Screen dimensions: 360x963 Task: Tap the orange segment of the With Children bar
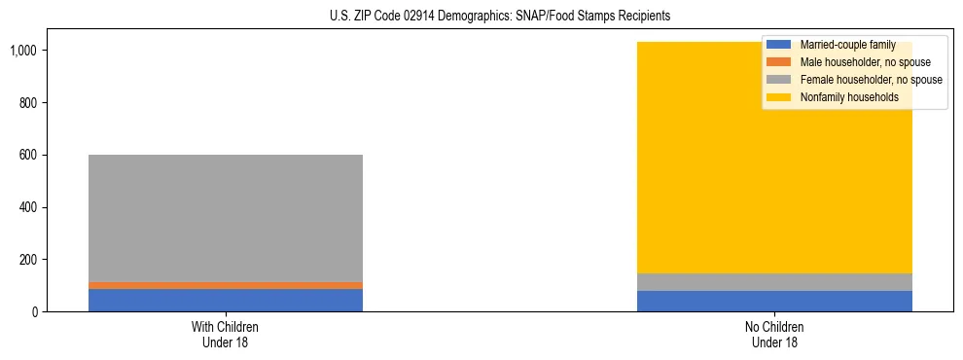click(x=225, y=285)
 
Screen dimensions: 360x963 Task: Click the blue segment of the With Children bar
click(x=225, y=300)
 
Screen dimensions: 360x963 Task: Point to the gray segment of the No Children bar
click(x=774, y=282)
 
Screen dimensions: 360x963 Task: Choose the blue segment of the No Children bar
click(x=774, y=302)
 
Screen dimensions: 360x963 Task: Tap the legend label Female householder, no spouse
click(x=871, y=80)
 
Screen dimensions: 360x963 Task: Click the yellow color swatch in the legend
click(x=779, y=97)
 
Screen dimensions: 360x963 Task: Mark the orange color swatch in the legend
click(x=779, y=62)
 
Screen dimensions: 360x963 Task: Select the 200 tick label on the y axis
click(x=29, y=260)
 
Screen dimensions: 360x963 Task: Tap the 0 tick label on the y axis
click(x=35, y=312)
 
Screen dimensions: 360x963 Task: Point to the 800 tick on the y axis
click(x=29, y=103)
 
